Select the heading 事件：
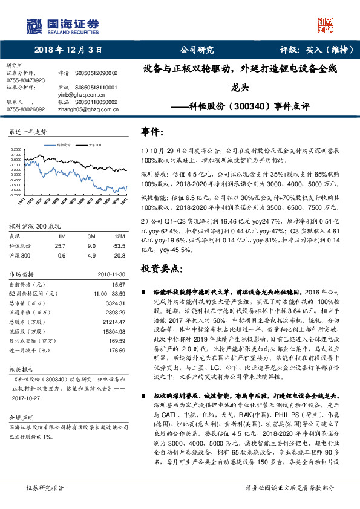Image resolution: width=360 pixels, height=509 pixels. pos(152,132)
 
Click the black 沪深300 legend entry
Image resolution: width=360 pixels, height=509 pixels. pos(94,146)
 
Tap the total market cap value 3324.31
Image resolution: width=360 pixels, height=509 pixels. pos(106,302)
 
